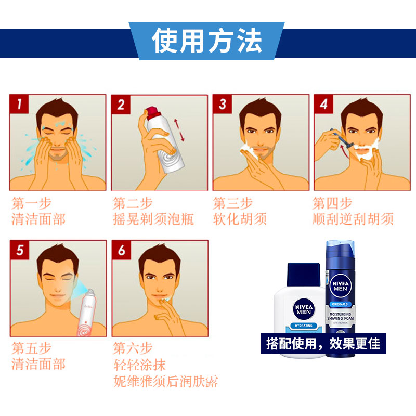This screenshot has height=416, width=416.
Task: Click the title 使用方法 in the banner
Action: tap(207, 41)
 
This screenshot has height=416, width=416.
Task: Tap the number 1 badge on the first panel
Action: tap(19, 105)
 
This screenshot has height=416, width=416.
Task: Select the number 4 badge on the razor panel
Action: tap(323, 105)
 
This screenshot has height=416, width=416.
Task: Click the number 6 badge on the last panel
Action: tap(122, 250)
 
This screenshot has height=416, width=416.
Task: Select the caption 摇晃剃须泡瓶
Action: tap(153, 219)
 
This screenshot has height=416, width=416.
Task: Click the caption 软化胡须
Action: tap(240, 219)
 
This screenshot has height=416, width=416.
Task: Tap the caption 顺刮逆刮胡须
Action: tap(353, 219)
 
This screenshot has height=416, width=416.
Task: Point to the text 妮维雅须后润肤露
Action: tap(165, 382)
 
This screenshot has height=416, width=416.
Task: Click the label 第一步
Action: tap(31, 203)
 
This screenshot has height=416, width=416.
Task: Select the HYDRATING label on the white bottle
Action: tap(303, 326)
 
